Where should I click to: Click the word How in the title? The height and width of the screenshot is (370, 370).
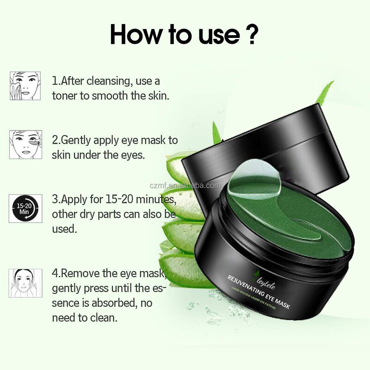point(136,34)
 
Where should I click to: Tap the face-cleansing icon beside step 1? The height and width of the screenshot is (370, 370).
point(25,86)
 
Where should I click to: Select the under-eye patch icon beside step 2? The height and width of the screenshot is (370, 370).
point(26,144)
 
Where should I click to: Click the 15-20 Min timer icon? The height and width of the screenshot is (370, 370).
point(25,209)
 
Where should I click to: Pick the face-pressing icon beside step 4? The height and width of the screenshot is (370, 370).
point(25,283)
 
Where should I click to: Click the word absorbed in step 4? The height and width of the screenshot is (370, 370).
point(114,303)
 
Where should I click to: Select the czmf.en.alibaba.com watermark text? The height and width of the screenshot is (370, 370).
point(185,185)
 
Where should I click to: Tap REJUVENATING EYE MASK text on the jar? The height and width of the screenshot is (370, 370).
point(259,292)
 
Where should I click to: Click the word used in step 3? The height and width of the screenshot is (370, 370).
point(64,229)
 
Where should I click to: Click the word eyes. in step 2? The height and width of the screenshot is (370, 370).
point(133,155)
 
